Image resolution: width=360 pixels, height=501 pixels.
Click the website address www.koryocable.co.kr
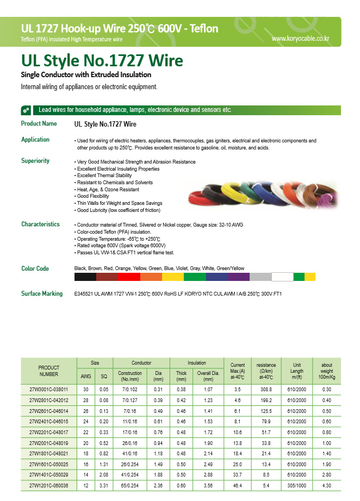[x=300, y=39]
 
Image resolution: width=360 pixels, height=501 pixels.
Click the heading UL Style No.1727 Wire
[x=102, y=60]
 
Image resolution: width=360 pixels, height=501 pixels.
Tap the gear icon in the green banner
[x=26, y=110]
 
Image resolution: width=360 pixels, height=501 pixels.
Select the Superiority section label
[x=35, y=161]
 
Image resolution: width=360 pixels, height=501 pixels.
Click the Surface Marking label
[x=42, y=293]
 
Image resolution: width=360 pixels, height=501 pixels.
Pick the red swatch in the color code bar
[x=129, y=277]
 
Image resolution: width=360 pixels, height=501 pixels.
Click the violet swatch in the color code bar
[x=239, y=277]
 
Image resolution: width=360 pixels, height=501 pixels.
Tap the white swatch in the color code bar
[x=282, y=277]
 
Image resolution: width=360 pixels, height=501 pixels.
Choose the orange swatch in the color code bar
[x=151, y=277]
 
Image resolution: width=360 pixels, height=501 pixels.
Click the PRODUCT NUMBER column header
[x=48, y=371]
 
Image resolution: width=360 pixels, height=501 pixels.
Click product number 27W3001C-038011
[x=48, y=390]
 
